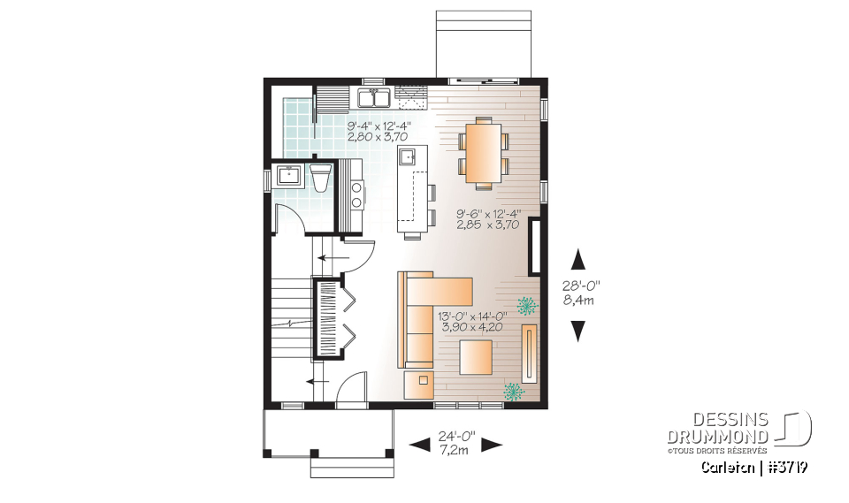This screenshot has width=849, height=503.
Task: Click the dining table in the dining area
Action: [x=482, y=154]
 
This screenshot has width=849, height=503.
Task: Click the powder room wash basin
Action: [x=289, y=175]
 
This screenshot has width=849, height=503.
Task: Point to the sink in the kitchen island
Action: [x=409, y=157]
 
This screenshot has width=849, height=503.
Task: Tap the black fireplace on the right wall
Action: [x=534, y=248]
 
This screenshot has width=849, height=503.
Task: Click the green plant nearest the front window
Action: [x=514, y=390]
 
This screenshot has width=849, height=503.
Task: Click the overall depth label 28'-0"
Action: [x=579, y=286]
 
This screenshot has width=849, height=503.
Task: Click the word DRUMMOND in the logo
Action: [x=717, y=438]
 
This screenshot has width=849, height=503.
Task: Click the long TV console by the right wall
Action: [x=529, y=352]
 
